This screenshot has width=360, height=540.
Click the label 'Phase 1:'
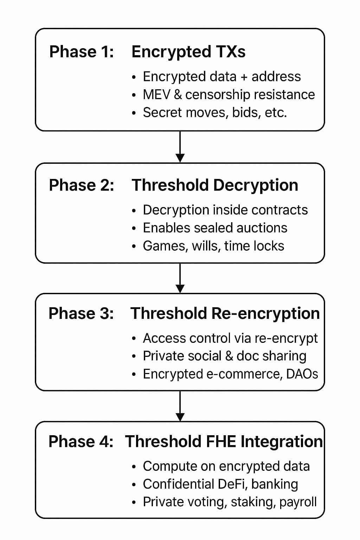point(82,52)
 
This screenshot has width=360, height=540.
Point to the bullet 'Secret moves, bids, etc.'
point(215,112)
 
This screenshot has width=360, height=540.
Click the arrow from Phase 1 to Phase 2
point(180,147)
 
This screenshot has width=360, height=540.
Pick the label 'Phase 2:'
point(82,185)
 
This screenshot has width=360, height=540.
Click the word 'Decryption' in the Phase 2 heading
point(256,186)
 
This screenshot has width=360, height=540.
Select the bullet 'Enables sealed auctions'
point(215,228)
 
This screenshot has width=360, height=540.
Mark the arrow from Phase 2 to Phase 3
point(180,278)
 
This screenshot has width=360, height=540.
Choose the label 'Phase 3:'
point(81,313)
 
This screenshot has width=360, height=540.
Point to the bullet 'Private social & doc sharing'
point(225,356)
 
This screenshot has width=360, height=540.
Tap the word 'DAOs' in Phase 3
point(302,374)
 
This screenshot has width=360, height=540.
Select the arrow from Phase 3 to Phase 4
point(180,406)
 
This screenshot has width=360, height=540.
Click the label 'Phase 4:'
point(81,441)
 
